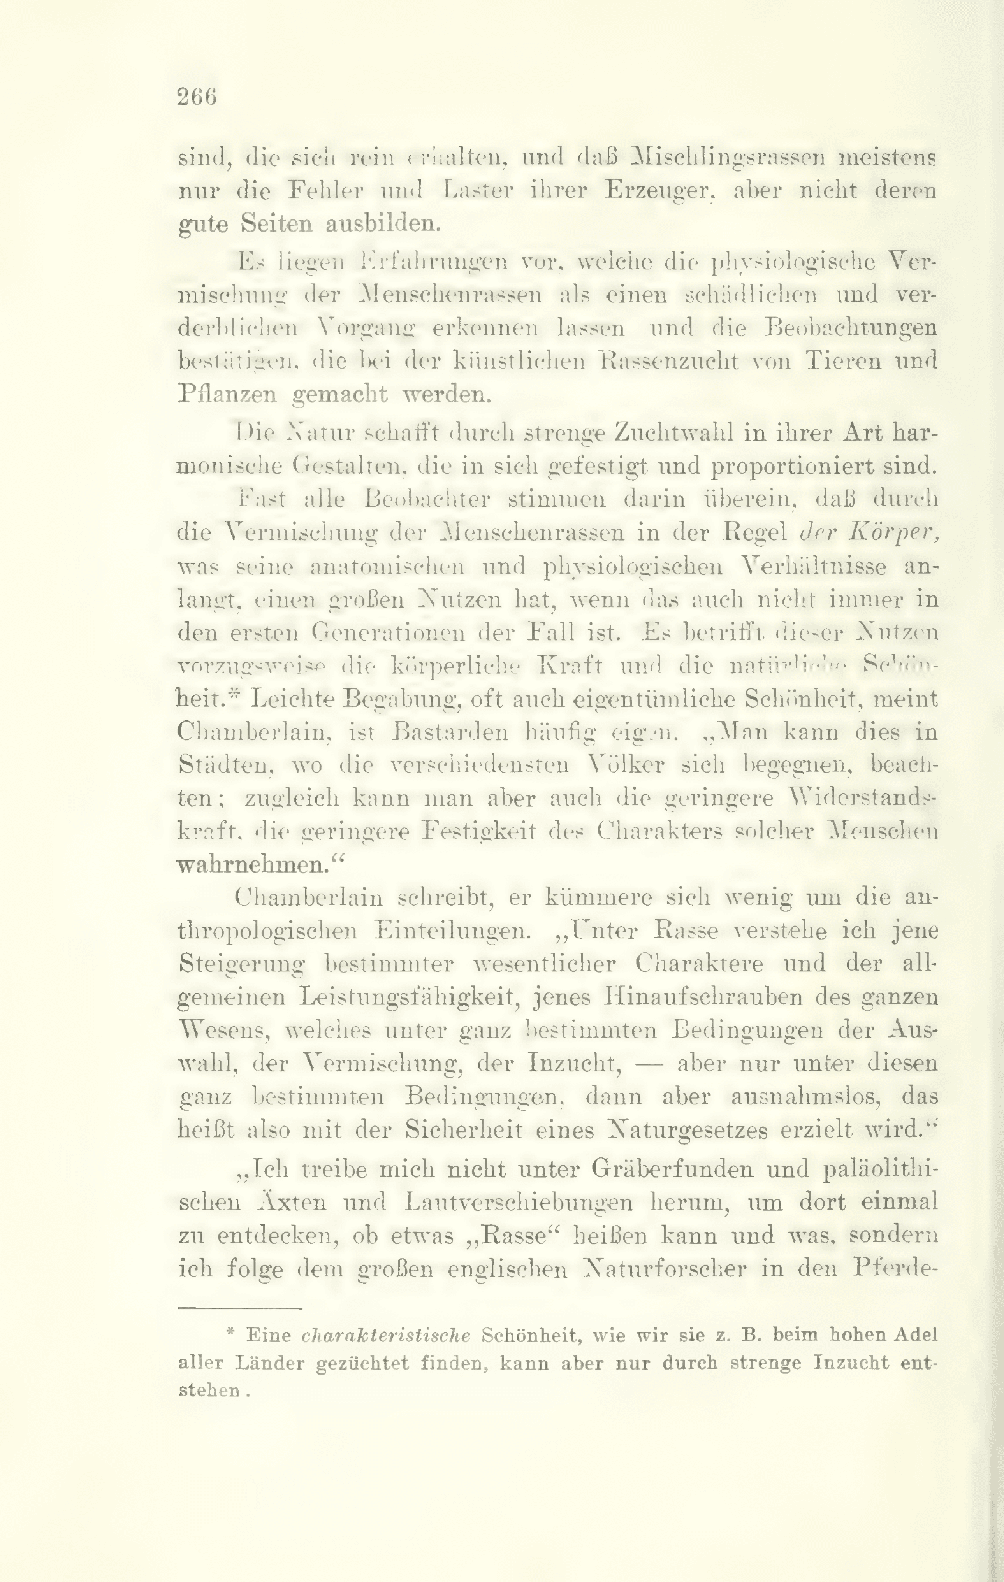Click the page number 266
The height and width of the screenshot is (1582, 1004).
coord(197,97)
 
